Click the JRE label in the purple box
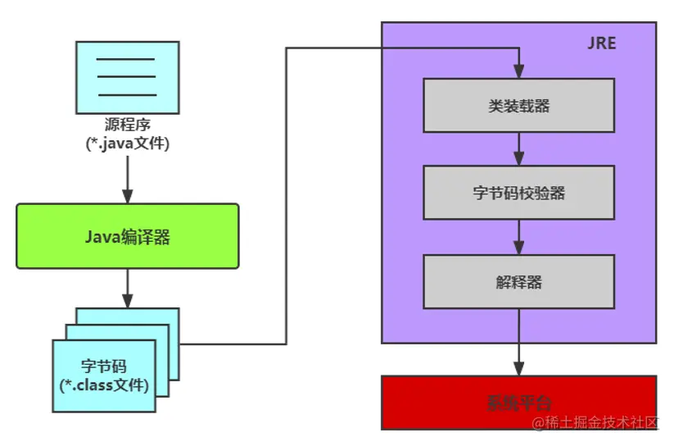(602, 43)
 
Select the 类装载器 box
(518, 105)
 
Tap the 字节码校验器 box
(518, 193)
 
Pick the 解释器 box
(518, 281)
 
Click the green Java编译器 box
(127, 236)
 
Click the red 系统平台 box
(518, 402)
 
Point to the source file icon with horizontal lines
(127, 77)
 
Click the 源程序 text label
(127, 125)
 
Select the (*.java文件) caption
(127, 143)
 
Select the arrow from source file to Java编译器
(127, 176)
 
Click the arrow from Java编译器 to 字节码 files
(127, 287)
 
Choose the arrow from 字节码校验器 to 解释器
(518, 236)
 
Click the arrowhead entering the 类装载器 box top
(518, 72)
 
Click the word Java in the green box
(102, 236)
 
